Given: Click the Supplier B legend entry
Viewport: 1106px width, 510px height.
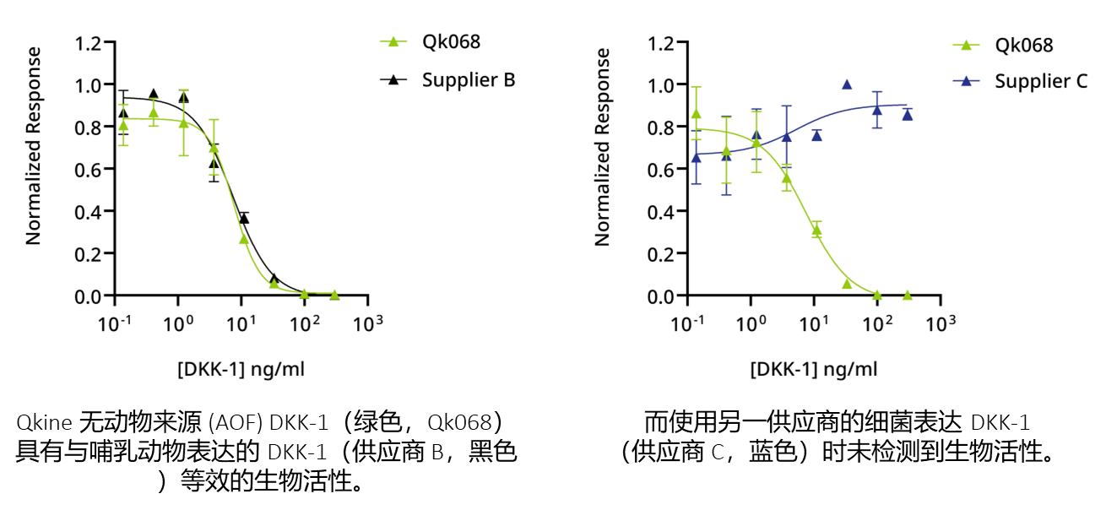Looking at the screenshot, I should [x=467, y=80].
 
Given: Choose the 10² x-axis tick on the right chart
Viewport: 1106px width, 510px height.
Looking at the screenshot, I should [x=878, y=323].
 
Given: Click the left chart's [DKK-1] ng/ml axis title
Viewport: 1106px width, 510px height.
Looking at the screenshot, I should [x=241, y=369].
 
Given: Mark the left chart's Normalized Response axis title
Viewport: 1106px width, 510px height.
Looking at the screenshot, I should [x=34, y=146].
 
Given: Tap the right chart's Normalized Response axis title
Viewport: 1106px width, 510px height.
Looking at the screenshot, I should [x=603, y=146].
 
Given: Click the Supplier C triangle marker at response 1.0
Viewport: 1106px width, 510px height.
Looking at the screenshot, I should [x=847, y=84].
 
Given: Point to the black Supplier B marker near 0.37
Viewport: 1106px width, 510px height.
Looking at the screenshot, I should [x=243, y=219].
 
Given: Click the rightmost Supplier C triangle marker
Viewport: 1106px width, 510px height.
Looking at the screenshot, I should [x=908, y=115].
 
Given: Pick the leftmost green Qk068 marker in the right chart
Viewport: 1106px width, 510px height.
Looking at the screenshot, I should [x=697, y=113].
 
